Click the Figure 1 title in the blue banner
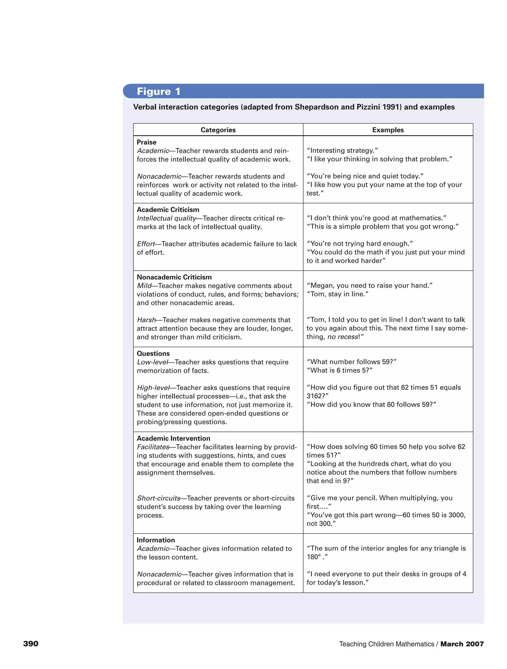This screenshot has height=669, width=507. tap(158, 91)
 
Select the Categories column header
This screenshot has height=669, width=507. tap(218, 130)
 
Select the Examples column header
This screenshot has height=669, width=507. tap(388, 130)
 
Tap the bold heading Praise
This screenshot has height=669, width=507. tap(147, 142)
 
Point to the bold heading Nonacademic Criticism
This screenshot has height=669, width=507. tap(174, 277)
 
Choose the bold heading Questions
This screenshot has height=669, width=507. tap(153, 353)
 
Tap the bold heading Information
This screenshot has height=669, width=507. tap(156, 540)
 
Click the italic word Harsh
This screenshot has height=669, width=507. tap(146, 320)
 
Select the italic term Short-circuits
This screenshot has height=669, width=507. tap(158, 498)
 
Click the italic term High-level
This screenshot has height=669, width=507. tap(153, 388)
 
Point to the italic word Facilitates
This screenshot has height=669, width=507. tap(153, 447)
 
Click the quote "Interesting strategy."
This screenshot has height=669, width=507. tap(342, 150)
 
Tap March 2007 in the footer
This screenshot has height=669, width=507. tap(462, 644)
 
